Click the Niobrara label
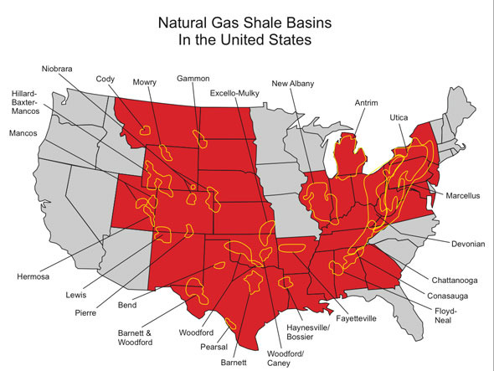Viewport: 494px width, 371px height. [x=60, y=69]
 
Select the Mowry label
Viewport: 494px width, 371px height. [x=145, y=81]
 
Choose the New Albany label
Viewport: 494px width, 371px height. [x=294, y=83]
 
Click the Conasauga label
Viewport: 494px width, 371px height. [x=435, y=293]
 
